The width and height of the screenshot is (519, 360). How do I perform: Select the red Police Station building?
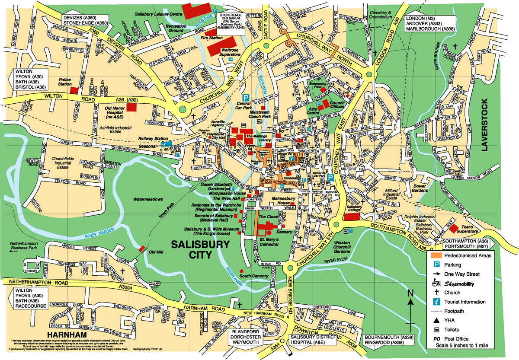pyautogui.click(x=74, y=90)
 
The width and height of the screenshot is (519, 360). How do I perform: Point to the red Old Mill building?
pyautogui.click(x=142, y=248)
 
